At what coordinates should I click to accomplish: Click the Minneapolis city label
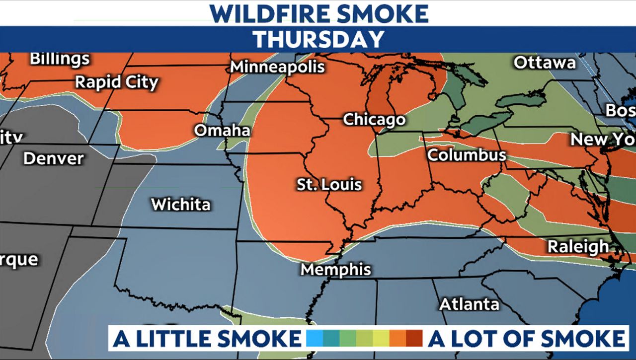277,67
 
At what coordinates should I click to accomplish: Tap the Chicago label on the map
374,120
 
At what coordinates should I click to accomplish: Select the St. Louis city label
329,185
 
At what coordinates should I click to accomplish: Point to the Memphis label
336,270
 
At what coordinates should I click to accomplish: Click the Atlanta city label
469,303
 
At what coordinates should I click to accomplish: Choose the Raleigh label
578,246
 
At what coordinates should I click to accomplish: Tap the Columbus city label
467,155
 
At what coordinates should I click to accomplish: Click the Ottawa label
545,63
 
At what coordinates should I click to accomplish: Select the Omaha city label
222,130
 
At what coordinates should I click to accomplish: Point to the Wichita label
180,204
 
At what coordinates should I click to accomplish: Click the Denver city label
54,159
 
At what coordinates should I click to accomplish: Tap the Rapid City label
116,82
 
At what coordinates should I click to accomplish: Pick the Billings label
60,59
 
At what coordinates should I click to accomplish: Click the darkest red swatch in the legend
414,339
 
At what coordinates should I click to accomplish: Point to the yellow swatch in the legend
381,339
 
